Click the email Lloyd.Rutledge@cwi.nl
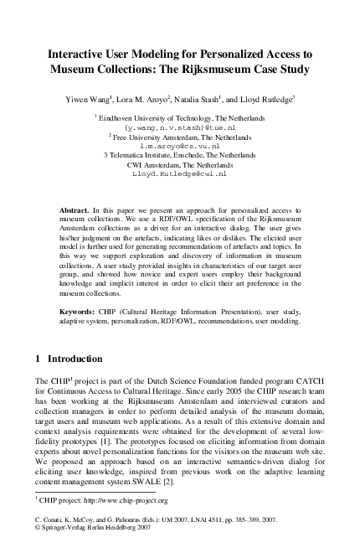180,174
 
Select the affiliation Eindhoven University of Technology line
181,120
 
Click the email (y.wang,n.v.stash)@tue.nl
180,129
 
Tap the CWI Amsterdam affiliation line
180,165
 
